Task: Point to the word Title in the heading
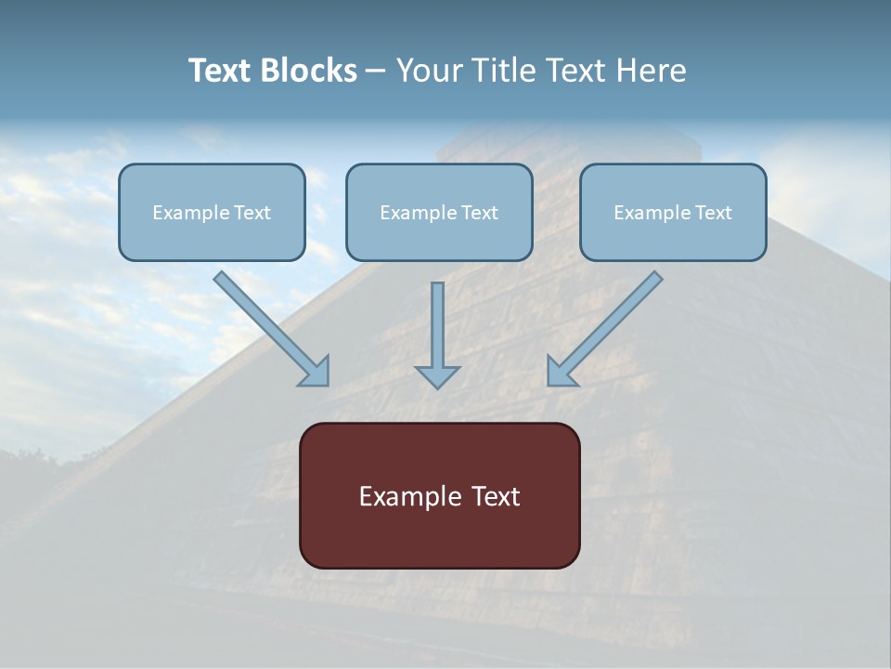(x=502, y=71)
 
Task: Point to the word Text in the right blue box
(x=714, y=213)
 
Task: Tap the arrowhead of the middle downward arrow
(x=438, y=376)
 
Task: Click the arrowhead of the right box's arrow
(x=560, y=373)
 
